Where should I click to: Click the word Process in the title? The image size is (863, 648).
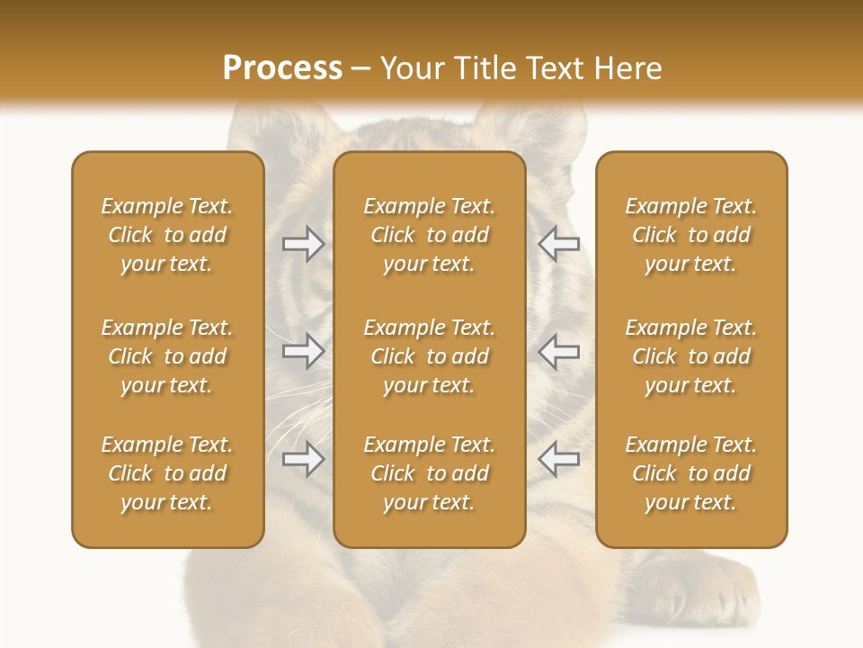(x=282, y=67)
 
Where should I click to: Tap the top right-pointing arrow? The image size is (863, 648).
(x=303, y=244)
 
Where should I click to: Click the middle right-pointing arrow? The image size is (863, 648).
(x=303, y=351)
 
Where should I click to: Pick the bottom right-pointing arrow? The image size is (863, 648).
(x=303, y=459)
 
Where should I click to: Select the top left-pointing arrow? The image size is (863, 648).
(x=558, y=244)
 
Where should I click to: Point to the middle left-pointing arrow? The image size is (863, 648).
(x=558, y=351)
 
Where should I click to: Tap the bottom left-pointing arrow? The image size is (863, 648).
(x=558, y=459)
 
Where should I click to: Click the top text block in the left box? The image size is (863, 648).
(x=167, y=235)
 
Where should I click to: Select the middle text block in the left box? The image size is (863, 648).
(x=167, y=356)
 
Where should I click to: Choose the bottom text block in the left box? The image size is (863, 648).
(x=167, y=473)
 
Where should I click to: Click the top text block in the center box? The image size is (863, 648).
(x=429, y=235)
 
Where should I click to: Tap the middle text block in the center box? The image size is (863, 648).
(x=429, y=356)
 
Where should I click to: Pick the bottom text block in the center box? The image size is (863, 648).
(x=429, y=473)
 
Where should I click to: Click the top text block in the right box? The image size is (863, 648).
(x=690, y=235)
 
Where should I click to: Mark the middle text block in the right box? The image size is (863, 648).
(x=690, y=356)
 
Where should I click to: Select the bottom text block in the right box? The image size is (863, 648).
(x=690, y=473)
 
